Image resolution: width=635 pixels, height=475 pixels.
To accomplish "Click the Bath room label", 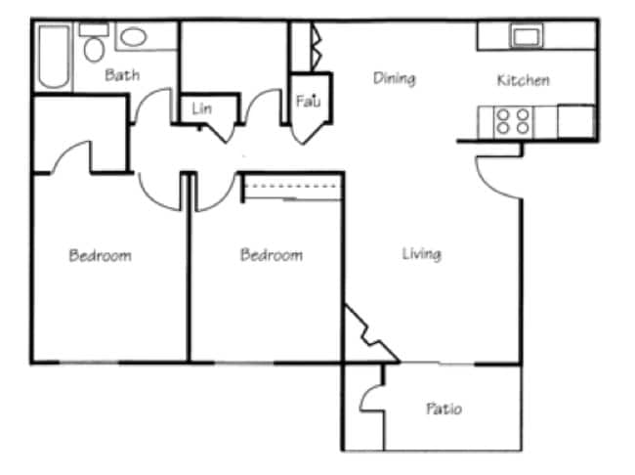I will tap(122, 74).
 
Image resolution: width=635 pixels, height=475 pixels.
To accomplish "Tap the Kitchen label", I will tap(523, 80).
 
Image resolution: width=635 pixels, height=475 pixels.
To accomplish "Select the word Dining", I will tap(395, 78).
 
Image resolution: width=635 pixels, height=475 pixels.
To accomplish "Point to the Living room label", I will tap(421, 254).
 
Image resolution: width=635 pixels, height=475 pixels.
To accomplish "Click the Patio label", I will tap(443, 409).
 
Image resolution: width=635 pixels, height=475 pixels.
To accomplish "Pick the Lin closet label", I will tap(202, 108).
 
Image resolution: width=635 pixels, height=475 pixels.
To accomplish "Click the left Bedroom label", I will tap(100, 256).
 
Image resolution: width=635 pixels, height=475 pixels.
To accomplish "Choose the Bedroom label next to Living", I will tap(271, 255).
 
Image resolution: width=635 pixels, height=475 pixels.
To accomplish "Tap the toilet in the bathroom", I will tap(95, 44).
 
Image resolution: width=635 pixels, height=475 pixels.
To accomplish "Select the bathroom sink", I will tap(134, 37).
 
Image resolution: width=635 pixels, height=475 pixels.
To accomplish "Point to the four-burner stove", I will tap(513, 121).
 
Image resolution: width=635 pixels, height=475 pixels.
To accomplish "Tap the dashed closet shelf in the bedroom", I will tap(292, 186).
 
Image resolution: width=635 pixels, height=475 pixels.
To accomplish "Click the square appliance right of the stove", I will tap(575, 122).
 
